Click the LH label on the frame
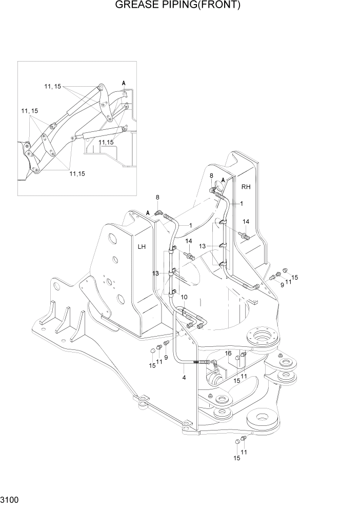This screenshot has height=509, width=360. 142,247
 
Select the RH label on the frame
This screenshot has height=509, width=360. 246,187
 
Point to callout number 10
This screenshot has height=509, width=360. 184,297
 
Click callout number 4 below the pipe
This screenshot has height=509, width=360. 184,378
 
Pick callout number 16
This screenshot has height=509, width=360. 228,354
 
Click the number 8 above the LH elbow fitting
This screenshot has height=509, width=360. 157,197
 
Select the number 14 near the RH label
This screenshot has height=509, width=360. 246,222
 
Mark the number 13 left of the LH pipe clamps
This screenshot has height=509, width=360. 156,273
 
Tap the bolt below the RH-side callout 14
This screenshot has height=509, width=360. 245,236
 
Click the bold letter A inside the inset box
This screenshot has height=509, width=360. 124,83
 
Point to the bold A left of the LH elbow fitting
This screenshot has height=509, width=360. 148,213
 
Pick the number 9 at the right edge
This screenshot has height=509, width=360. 282,285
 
